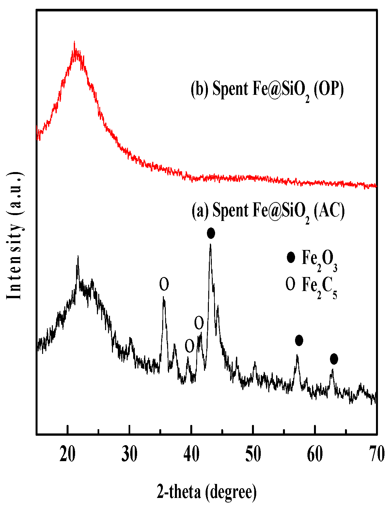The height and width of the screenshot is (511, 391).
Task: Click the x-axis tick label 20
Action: [67, 454]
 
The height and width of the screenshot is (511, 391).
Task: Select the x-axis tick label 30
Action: [129, 454]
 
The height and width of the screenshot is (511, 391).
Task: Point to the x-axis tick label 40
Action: [191, 454]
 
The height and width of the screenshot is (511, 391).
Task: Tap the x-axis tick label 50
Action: [253, 454]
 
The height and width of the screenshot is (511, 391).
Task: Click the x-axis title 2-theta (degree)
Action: [207, 492]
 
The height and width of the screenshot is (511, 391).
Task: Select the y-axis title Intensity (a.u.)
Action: [15, 235]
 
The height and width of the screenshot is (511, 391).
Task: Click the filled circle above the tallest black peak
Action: [211, 233]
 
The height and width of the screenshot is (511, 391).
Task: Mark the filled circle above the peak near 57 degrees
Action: [299, 341]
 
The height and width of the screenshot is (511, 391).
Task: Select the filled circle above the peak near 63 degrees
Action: [334, 359]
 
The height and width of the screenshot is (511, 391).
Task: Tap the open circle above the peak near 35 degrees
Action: [164, 285]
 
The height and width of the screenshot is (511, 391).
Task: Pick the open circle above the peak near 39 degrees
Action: [189, 346]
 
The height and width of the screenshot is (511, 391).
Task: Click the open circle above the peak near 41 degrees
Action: [199, 323]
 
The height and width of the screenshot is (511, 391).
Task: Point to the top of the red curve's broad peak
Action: [75, 42]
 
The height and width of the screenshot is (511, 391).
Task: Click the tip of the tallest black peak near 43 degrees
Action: [211, 244]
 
